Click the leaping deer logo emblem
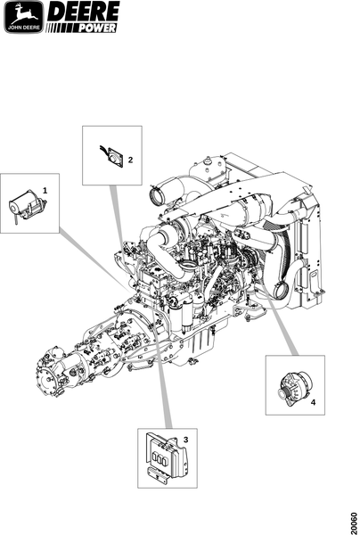click(24, 17)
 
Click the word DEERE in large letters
click(84, 12)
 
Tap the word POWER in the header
click(98, 28)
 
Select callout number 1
click(45, 191)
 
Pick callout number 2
click(130, 160)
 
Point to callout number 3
click(185, 440)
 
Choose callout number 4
click(313, 403)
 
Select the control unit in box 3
click(167, 458)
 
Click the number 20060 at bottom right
click(355, 521)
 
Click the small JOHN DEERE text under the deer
click(24, 28)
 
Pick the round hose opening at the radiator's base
click(282, 292)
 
